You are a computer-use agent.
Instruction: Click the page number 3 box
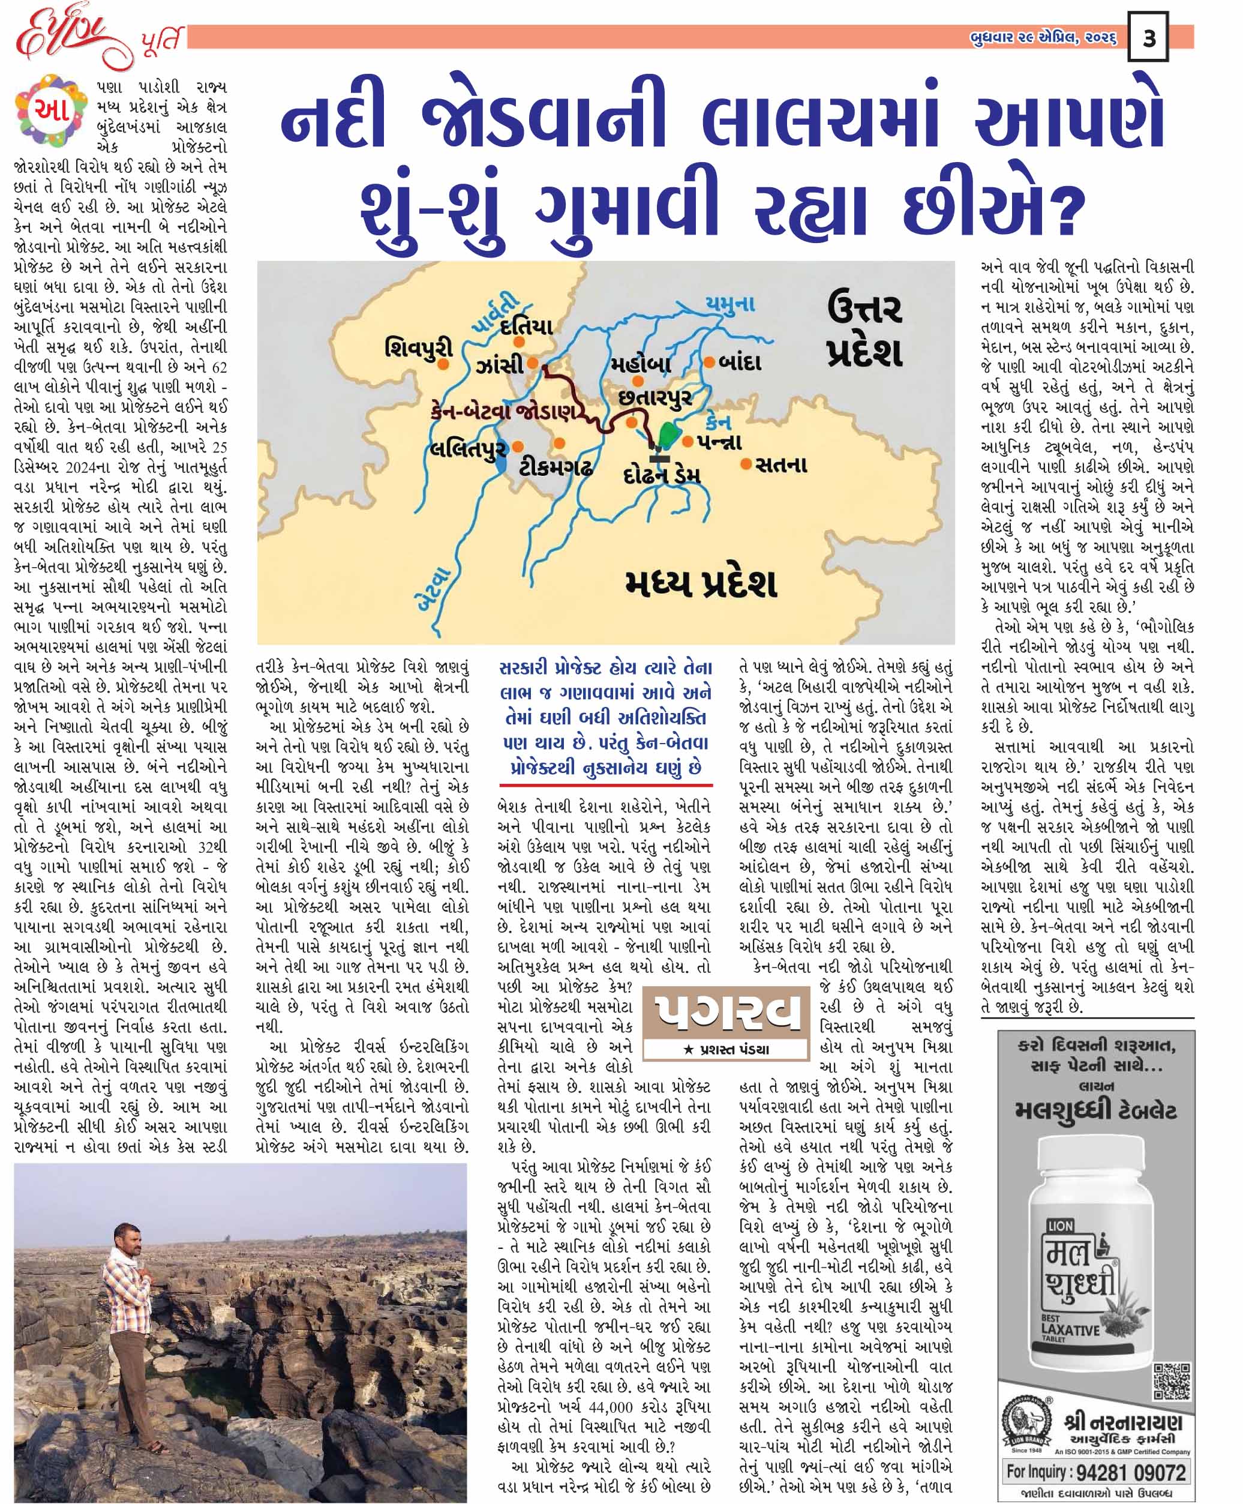click(x=1148, y=37)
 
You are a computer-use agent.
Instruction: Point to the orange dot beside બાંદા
click(x=709, y=362)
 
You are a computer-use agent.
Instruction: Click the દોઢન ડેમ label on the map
click(x=662, y=475)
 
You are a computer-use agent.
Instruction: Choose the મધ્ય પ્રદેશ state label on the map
click(x=700, y=583)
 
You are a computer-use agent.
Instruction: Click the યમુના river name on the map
click(x=729, y=304)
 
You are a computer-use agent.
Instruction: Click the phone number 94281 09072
click(x=1095, y=1472)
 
